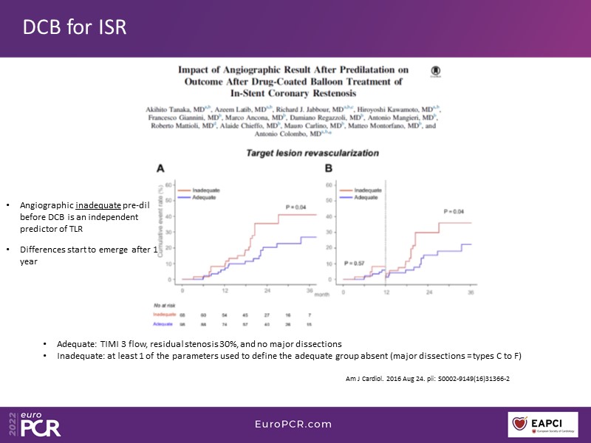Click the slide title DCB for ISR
(x=75, y=27)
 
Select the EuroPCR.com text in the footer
(x=295, y=424)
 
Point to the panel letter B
(x=329, y=169)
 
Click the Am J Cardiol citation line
(x=428, y=378)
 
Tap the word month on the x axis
(x=302, y=294)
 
